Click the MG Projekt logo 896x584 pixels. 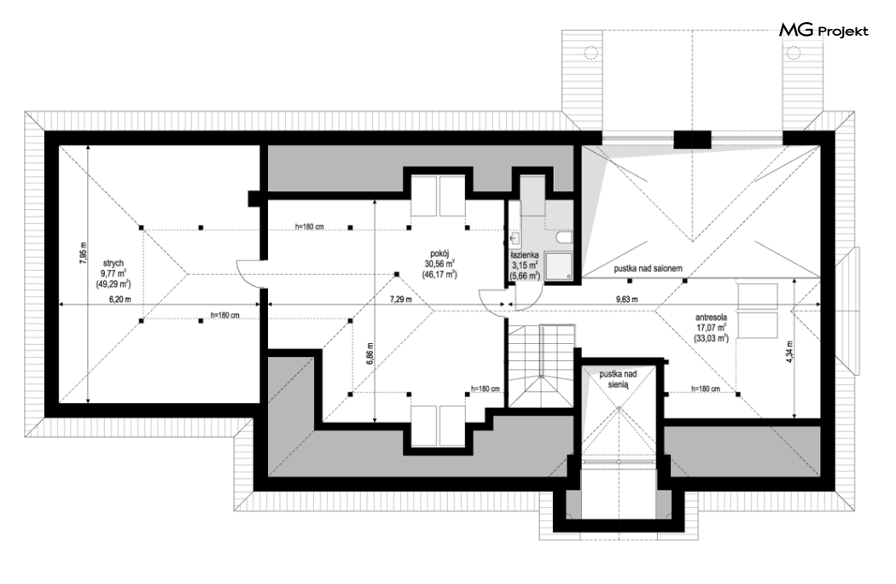coord(823,31)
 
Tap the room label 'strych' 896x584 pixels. coord(113,263)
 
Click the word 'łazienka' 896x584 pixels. coord(525,255)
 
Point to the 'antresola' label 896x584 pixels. coord(711,317)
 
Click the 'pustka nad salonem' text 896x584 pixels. coord(648,268)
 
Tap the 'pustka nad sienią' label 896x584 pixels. coord(619,379)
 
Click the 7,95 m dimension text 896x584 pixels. coord(84,252)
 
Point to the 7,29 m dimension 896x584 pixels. coord(400,299)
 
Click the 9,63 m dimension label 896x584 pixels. coord(627,299)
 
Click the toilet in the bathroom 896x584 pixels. coord(563,237)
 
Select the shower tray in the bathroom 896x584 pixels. coord(558,266)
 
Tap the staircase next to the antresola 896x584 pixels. coord(541,366)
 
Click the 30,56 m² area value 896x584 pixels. coord(439,264)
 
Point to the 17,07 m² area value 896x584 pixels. coord(711,328)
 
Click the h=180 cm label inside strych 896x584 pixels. coord(225,315)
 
